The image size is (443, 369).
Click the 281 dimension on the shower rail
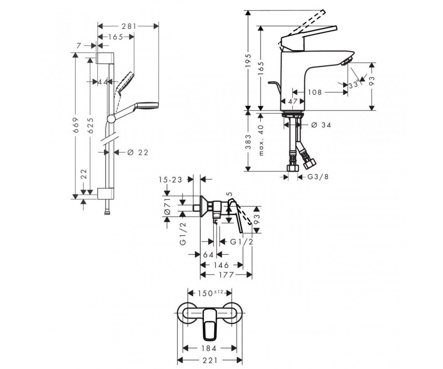[x=129, y=26]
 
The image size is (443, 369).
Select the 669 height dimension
[x=76, y=125]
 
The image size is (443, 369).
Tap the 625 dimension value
[x=90, y=125]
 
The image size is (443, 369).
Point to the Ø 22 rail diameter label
[x=138, y=152]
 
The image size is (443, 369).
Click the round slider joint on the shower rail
[x=111, y=118]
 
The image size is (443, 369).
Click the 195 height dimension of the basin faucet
[x=248, y=61]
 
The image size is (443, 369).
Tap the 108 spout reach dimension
[x=315, y=92]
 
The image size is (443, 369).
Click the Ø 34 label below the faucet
[x=321, y=125]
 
